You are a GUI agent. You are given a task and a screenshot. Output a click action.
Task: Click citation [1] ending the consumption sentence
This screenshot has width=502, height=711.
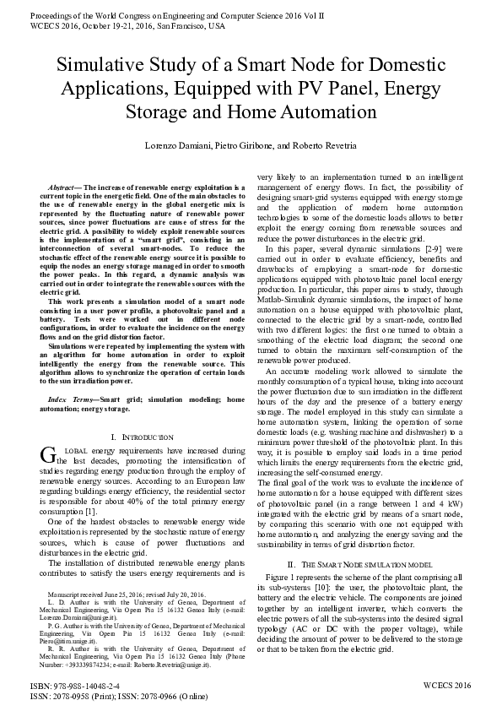click(x=92, y=512)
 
